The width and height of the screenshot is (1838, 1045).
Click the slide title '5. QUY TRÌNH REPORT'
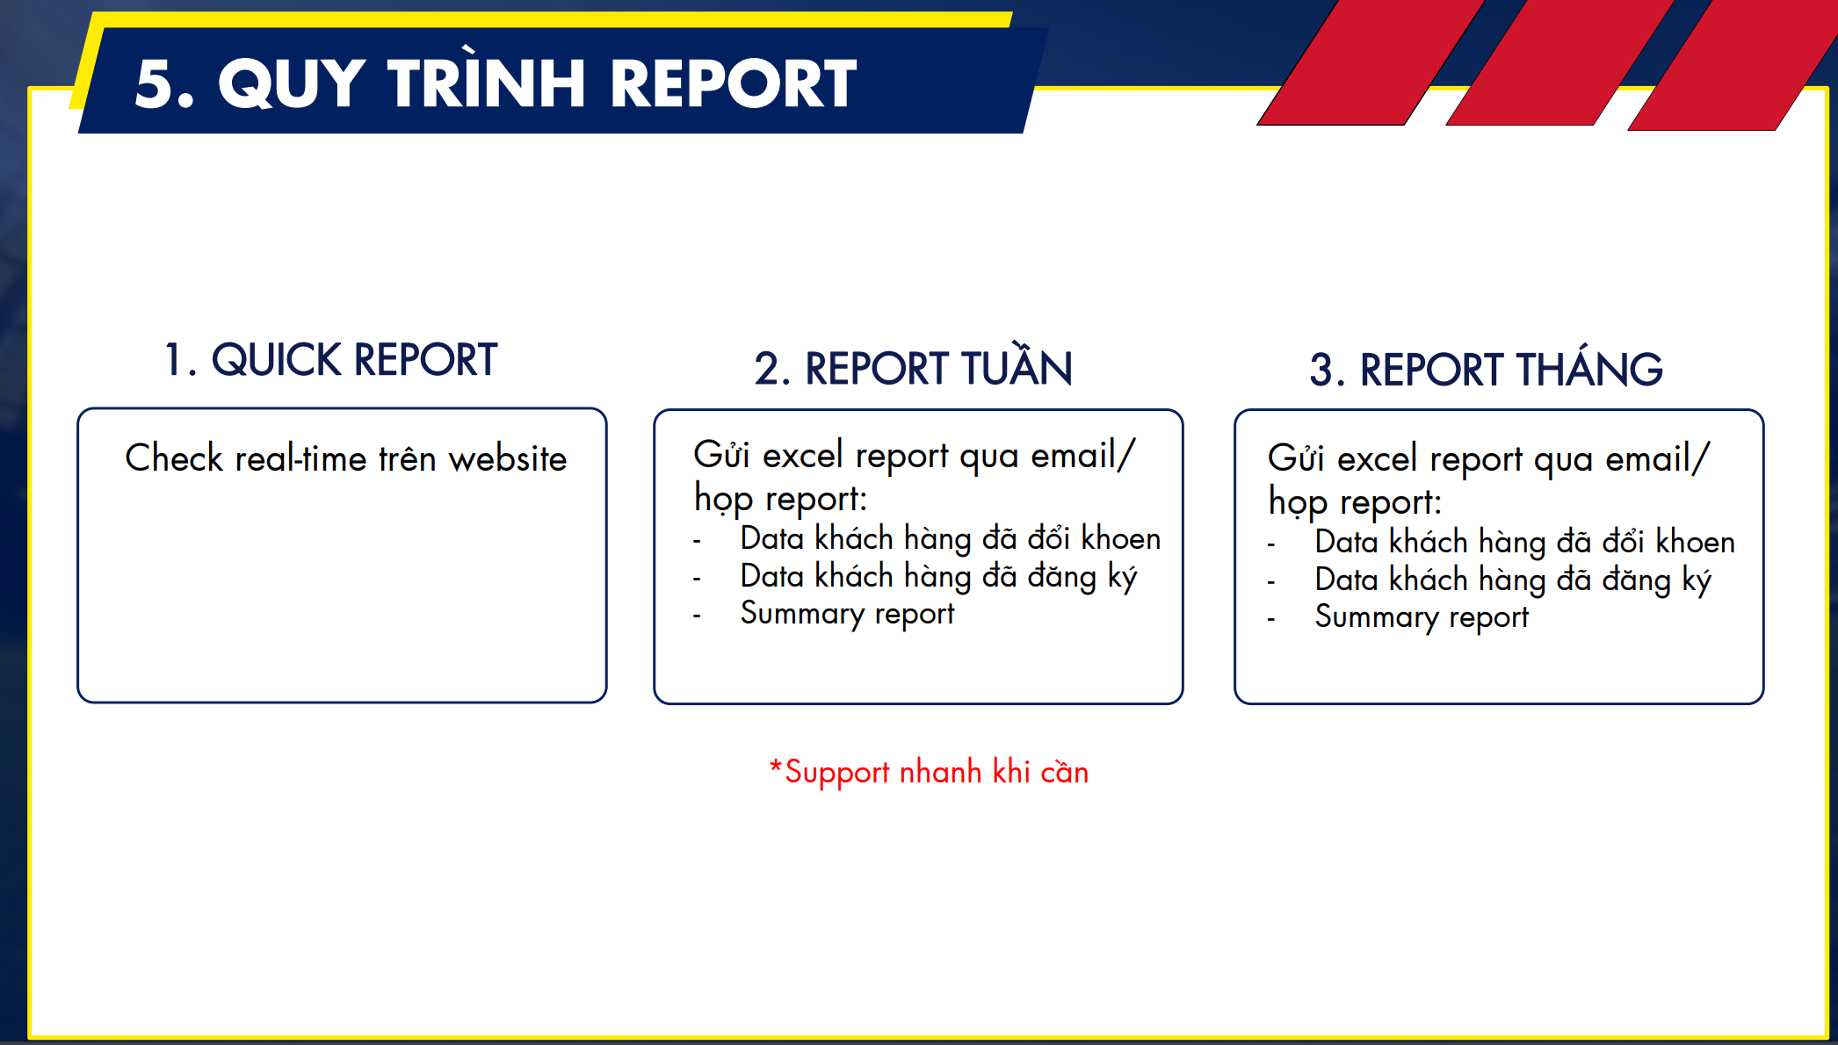point(496,83)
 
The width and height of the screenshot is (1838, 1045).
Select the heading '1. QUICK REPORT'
point(330,360)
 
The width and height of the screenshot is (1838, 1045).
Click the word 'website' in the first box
point(507,459)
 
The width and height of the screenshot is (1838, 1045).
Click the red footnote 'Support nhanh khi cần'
point(929,773)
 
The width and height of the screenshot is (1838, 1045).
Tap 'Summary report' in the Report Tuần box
point(847,614)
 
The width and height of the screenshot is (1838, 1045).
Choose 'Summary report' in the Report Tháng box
point(1422,617)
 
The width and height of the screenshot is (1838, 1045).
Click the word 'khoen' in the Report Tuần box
point(1120,538)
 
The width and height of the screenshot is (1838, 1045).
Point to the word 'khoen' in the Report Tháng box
point(1695,542)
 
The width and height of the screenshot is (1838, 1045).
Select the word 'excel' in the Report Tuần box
point(803,455)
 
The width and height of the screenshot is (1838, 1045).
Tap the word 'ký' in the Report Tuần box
point(1122,577)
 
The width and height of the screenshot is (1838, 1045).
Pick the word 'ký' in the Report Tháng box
point(1697,580)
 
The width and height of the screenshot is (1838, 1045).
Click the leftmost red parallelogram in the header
point(1371,62)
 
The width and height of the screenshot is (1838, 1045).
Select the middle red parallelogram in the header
point(1559,62)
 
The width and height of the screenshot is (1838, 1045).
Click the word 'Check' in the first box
point(174,458)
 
